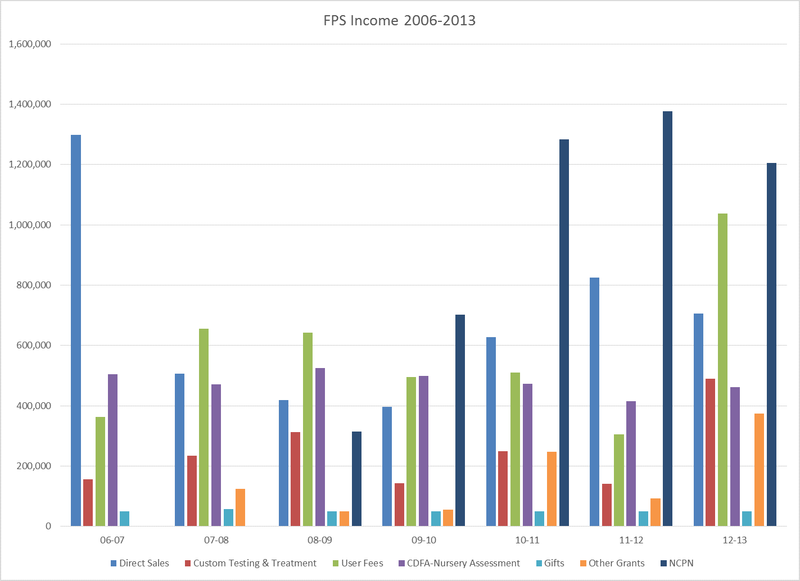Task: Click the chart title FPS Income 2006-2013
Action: [x=399, y=21]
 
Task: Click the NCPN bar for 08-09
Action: [x=356, y=479]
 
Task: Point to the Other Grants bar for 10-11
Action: [x=552, y=489]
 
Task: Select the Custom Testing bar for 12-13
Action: [x=710, y=452]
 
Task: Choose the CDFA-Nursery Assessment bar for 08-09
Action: [x=320, y=447]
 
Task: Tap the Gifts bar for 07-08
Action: [x=228, y=518]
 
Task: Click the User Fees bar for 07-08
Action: [x=204, y=427]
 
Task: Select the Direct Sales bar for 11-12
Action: [x=594, y=402]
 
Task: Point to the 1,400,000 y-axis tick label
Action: [x=30, y=104]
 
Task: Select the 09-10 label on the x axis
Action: [x=423, y=540]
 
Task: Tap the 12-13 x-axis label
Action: [x=734, y=540]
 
